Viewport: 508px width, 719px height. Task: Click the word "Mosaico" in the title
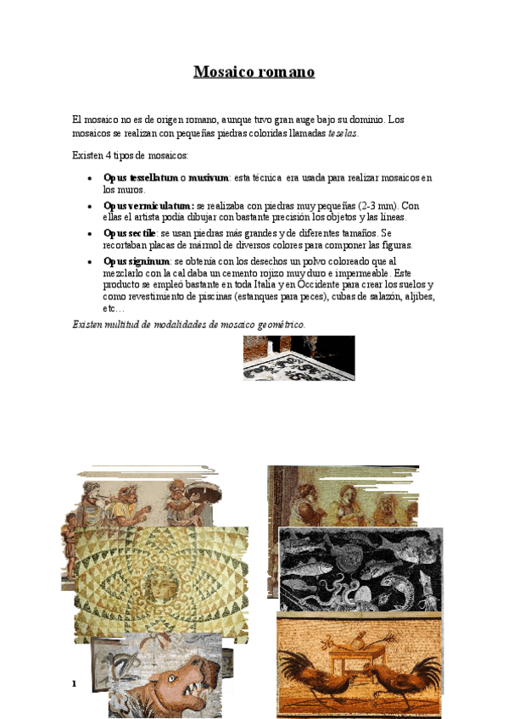[x=222, y=72]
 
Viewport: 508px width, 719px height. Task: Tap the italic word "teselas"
[x=342, y=133]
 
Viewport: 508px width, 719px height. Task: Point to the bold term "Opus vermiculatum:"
[x=148, y=205]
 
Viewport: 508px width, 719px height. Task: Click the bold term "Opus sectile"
[x=130, y=232]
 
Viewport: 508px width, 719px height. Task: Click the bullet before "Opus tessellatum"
[x=90, y=178]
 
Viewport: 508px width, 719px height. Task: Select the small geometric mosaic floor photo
[x=299, y=358]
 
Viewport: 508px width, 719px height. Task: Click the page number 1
[x=75, y=683]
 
